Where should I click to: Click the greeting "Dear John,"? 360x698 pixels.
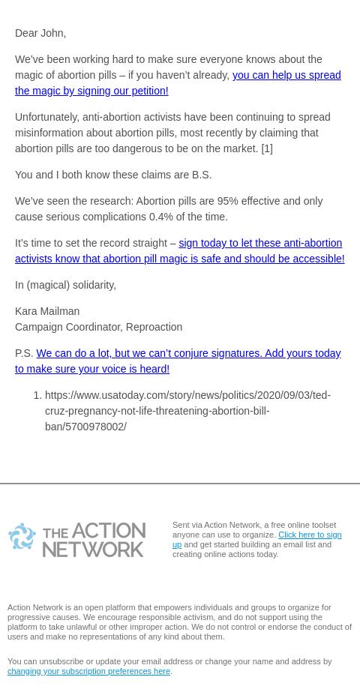[40, 33]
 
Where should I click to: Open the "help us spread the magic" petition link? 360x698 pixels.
[286, 75]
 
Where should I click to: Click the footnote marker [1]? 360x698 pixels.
[266, 148]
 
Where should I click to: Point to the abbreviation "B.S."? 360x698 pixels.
[202, 175]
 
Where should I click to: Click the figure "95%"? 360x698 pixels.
[227, 201]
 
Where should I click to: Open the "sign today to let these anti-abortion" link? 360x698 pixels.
[259, 243]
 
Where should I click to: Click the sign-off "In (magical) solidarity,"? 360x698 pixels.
[65, 285]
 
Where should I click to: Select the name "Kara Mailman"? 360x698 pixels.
[47, 311]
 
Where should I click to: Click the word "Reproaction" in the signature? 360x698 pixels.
[154, 327]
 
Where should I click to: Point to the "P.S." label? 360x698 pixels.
[24, 353]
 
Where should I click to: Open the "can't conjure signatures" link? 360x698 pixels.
[187, 353]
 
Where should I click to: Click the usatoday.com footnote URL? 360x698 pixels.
[187, 411]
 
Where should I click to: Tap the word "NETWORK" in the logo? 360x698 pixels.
[94, 548]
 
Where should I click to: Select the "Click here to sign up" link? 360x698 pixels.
[309, 535]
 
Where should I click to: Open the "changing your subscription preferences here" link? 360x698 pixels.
[88, 671]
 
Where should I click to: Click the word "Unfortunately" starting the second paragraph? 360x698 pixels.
[46, 117]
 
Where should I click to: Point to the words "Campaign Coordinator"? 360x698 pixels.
[67, 327]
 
